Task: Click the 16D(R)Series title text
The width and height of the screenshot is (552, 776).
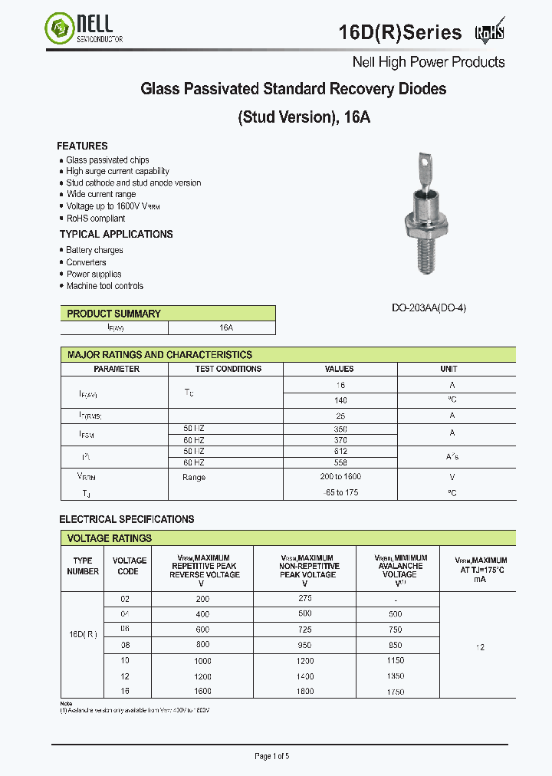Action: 400,32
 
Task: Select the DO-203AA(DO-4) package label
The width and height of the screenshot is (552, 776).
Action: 429,307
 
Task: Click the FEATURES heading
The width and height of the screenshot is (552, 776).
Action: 82,146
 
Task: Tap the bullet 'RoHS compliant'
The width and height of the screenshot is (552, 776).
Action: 95,219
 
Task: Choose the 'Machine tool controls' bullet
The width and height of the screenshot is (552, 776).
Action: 104,286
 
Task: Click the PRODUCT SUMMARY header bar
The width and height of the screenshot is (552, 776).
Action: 168,314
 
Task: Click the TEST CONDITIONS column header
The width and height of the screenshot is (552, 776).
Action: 228,369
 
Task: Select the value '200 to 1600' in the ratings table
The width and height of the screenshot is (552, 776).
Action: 340,477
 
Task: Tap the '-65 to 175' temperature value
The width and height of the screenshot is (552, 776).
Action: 340,492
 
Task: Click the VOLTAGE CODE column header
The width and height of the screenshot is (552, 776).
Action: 129,566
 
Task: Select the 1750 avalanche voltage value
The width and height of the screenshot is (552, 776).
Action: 395,692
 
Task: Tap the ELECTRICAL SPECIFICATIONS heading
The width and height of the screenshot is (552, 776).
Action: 127,519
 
